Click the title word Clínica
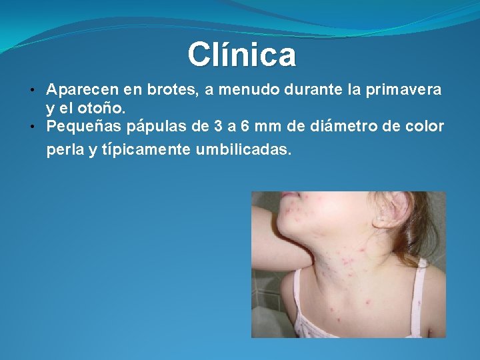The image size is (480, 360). pyautogui.click(x=241, y=55)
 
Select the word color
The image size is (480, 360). pyautogui.click(x=425, y=126)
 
